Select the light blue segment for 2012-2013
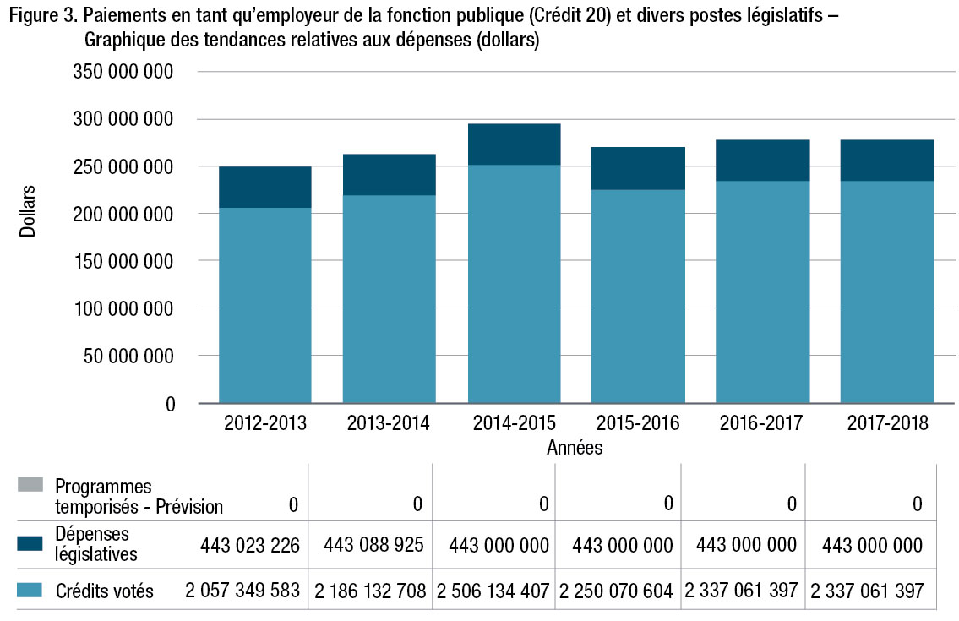pos(264,304)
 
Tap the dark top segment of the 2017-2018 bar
pos(887,161)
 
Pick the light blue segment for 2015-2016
pos(638,296)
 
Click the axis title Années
pos(575,448)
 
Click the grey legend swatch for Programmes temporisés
pos(30,485)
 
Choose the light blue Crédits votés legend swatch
pos(30,590)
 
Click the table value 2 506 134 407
pos(493,590)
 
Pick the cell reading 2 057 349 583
pos(243,590)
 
